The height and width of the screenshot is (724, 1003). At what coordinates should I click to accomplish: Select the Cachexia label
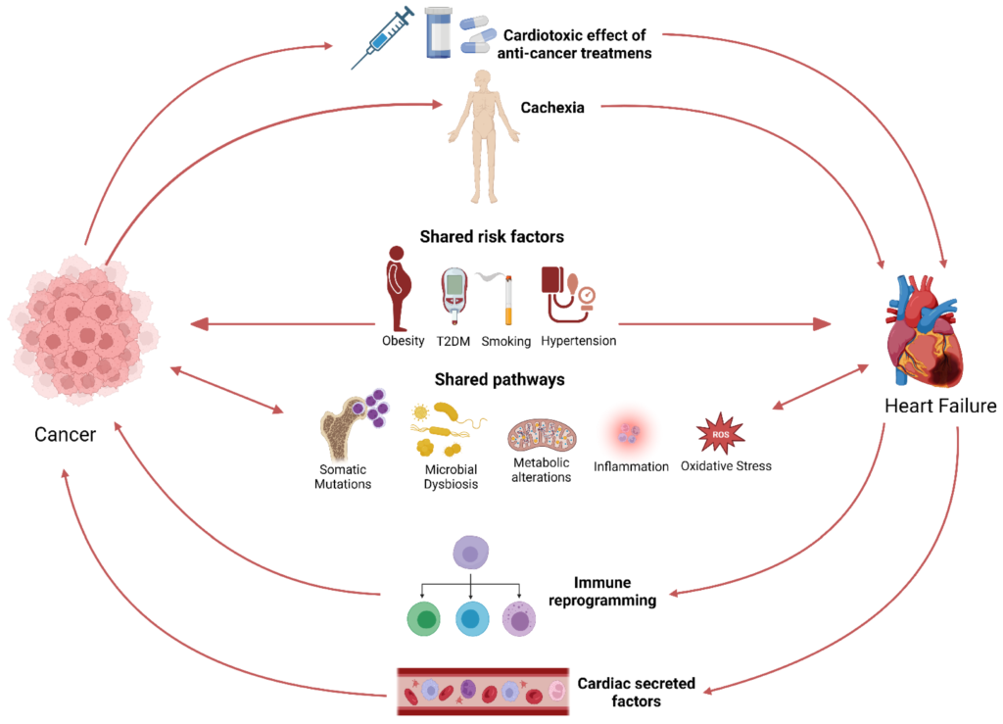click(554, 108)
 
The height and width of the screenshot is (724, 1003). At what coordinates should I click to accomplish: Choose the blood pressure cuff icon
click(567, 293)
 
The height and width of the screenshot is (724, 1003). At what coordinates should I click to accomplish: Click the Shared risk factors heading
click(492, 236)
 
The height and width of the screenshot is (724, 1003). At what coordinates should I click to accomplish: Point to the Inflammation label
click(631, 467)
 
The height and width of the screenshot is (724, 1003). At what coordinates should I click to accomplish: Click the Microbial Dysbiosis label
click(445, 477)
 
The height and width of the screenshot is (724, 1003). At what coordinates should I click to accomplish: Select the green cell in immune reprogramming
click(426, 619)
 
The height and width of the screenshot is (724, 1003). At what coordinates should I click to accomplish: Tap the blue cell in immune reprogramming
click(473, 619)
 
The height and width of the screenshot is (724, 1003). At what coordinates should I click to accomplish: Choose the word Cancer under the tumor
click(65, 433)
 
